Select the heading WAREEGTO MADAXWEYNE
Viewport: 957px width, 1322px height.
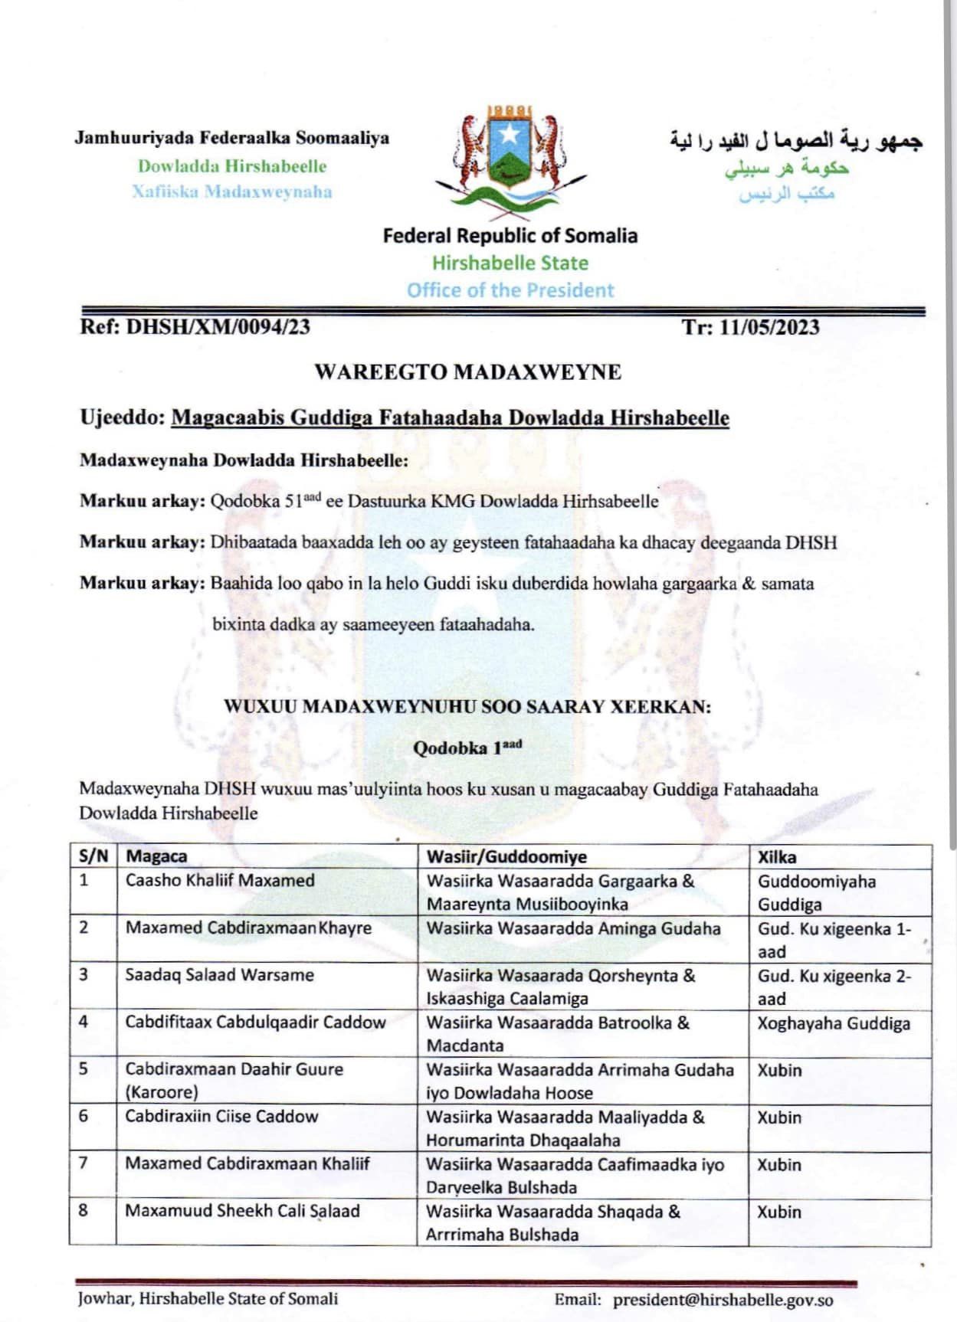click(467, 372)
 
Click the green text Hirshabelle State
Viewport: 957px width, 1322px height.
click(510, 263)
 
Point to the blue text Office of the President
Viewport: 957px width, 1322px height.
click(510, 290)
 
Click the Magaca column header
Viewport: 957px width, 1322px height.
click(156, 856)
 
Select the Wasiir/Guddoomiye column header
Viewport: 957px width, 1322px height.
click(506, 856)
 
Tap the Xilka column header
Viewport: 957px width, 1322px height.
click(777, 857)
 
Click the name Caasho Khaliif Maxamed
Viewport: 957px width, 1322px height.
click(220, 880)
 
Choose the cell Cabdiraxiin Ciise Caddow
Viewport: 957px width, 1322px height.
click(221, 1116)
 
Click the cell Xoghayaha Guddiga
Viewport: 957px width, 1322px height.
click(834, 1023)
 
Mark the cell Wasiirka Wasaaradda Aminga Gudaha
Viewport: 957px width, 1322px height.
click(573, 928)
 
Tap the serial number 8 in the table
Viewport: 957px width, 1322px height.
click(84, 1210)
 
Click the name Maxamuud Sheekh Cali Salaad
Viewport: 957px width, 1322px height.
click(242, 1211)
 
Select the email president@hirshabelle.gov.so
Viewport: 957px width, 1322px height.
click(723, 1299)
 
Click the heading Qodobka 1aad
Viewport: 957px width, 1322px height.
click(467, 748)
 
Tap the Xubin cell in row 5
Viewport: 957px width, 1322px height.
click(779, 1070)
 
